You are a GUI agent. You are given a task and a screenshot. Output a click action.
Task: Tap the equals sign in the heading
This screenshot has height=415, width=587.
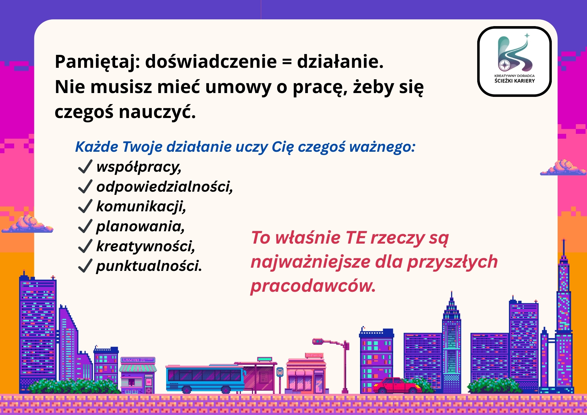coord(287,62)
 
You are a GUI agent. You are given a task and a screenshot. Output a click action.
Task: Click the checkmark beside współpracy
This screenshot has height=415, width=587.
coord(85,166)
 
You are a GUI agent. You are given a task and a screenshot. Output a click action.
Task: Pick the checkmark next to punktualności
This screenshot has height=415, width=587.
coord(85,266)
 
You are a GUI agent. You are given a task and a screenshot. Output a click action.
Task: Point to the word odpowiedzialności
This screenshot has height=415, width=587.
coord(165,187)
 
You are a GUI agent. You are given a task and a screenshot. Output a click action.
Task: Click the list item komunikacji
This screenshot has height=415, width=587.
coord(141,206)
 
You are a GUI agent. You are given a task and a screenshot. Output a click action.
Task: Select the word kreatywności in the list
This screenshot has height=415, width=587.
coord(146,246)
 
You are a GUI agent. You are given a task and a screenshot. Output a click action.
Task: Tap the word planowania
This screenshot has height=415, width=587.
coord(140,227)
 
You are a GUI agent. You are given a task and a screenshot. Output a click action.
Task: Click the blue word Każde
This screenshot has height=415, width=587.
coord(97,146)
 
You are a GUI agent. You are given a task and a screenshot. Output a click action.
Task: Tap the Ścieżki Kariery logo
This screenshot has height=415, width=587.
coord(515,61)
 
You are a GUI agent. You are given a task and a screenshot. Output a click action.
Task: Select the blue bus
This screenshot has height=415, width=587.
coord(205,379)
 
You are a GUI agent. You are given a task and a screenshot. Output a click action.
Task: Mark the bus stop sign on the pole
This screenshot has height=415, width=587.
coord(280,372)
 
